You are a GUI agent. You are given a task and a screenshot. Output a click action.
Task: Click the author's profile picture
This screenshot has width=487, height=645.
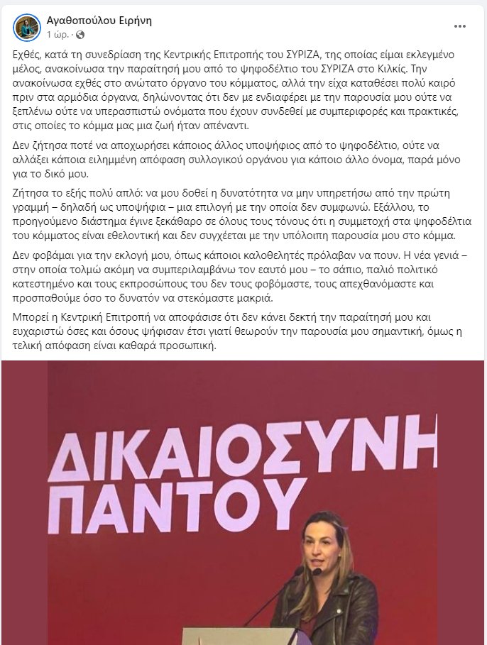tap(27, 27)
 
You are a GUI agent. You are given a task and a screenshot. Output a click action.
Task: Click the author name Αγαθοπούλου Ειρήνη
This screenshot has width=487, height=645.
tap(99, 21)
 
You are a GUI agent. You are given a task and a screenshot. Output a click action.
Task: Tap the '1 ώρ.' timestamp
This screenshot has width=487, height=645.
tap(59, 34)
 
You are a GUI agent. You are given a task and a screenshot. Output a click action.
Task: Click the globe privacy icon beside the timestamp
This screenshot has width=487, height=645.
tap(80, 34)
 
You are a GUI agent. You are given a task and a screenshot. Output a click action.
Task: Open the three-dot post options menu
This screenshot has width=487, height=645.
tap(460, 26)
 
